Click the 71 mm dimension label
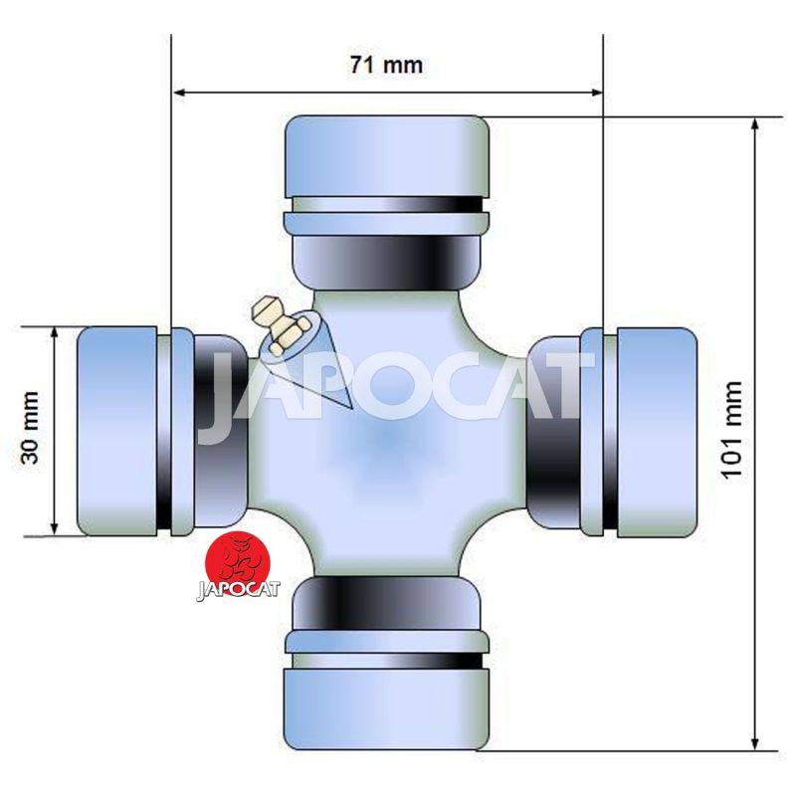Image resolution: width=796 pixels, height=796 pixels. pos(386,65)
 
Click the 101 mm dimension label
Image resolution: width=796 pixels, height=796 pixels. pos(731,430)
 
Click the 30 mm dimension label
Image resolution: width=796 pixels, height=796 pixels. pos(30,428)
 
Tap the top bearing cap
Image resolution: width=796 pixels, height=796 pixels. pos(387,157)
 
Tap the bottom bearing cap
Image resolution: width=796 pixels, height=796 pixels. pos(387,708)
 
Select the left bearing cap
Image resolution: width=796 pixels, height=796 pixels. pos(116,431)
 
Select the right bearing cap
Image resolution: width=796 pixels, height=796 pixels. pos(657,433)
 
